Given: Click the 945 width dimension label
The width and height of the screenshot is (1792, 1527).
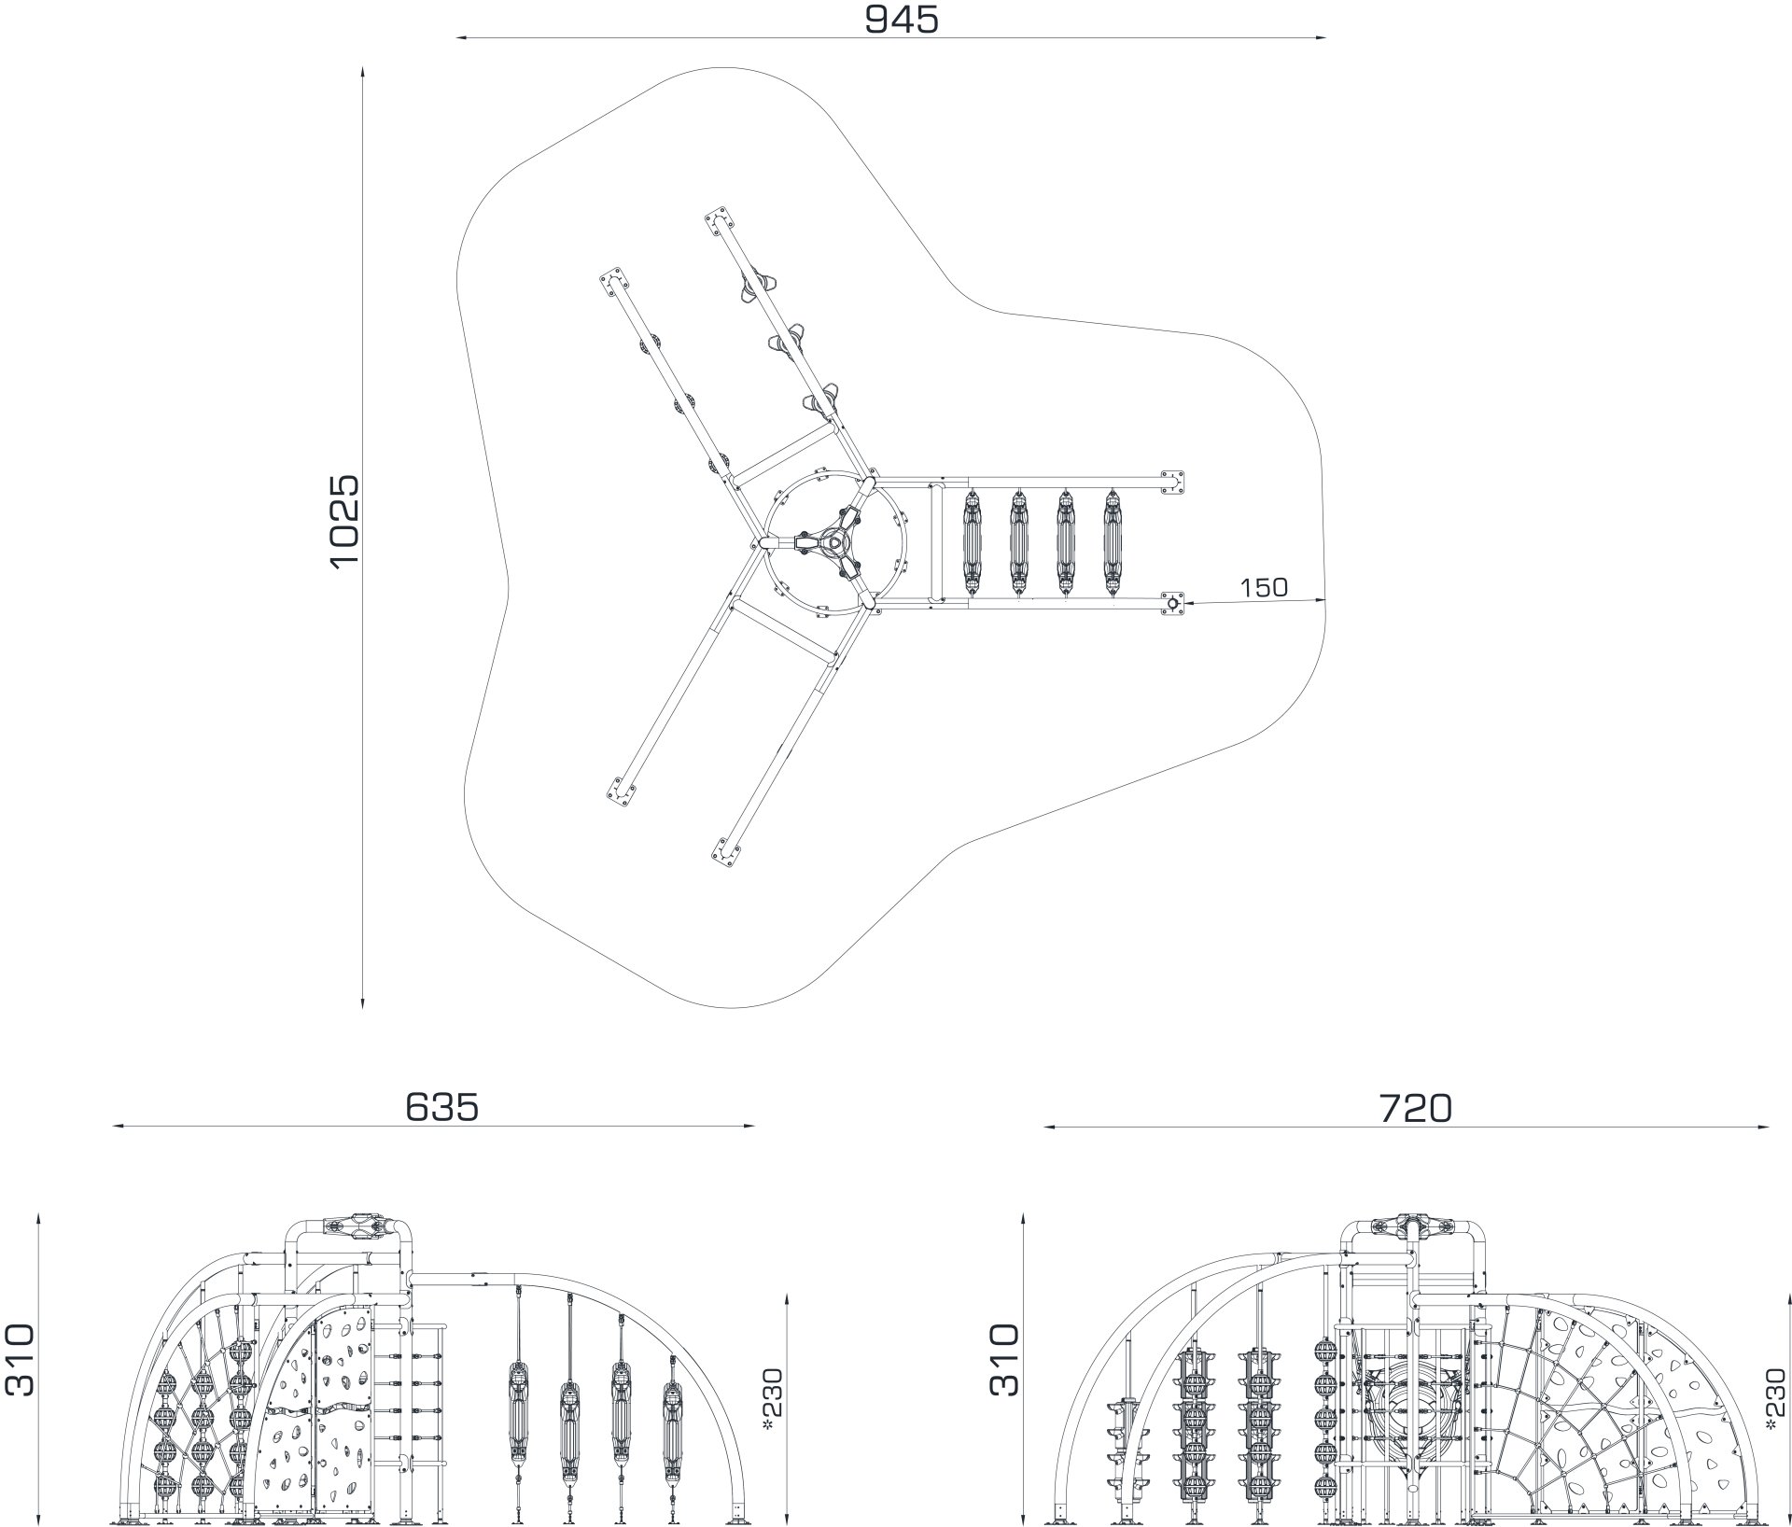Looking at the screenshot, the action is tap(901, 19).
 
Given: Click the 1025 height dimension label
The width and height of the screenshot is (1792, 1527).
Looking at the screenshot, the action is tap(343, 519).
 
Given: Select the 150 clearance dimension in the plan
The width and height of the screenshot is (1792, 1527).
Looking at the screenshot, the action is tap(1264, 587).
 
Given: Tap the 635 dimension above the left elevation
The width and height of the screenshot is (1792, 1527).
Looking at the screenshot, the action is tap(441, 1107).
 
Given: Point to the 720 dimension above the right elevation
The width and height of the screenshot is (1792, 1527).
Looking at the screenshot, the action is tap(1416, 1108).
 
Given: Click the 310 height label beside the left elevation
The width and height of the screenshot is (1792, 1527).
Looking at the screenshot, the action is tap(20, 1360).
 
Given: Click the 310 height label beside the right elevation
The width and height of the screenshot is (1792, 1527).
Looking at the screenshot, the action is tap(1004, 1360).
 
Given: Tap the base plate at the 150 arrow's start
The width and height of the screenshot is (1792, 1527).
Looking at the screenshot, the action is tap(1172, 604).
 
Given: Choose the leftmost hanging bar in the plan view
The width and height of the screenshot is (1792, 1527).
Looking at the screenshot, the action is tap(971, 542).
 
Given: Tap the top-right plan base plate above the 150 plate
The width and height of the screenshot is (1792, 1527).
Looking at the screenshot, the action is tap(1172, 483).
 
